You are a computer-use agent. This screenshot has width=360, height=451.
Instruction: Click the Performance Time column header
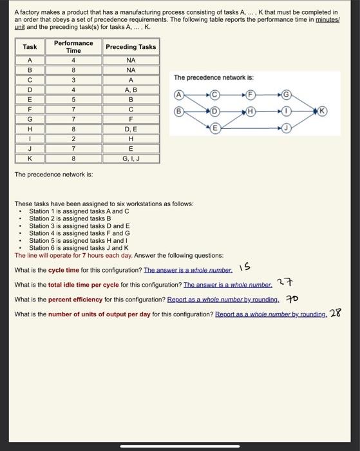pos(73,46)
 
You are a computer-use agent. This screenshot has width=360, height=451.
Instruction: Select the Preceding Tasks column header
pos(131,46)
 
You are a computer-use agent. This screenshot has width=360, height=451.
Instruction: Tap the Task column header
pos(30,46)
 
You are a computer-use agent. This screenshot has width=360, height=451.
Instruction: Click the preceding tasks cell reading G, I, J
pos(131,158)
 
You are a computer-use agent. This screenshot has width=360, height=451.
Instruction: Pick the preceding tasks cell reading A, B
pos(131,90)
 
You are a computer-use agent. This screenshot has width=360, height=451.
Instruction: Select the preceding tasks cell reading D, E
pos(131,129)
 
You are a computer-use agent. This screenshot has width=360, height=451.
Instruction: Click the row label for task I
pos(30,139)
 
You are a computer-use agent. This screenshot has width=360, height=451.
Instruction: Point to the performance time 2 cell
pos(73,139)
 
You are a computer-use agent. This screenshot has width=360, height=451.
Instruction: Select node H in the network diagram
pos(247,110)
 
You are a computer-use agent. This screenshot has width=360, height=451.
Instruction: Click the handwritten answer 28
pos(335,314)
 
